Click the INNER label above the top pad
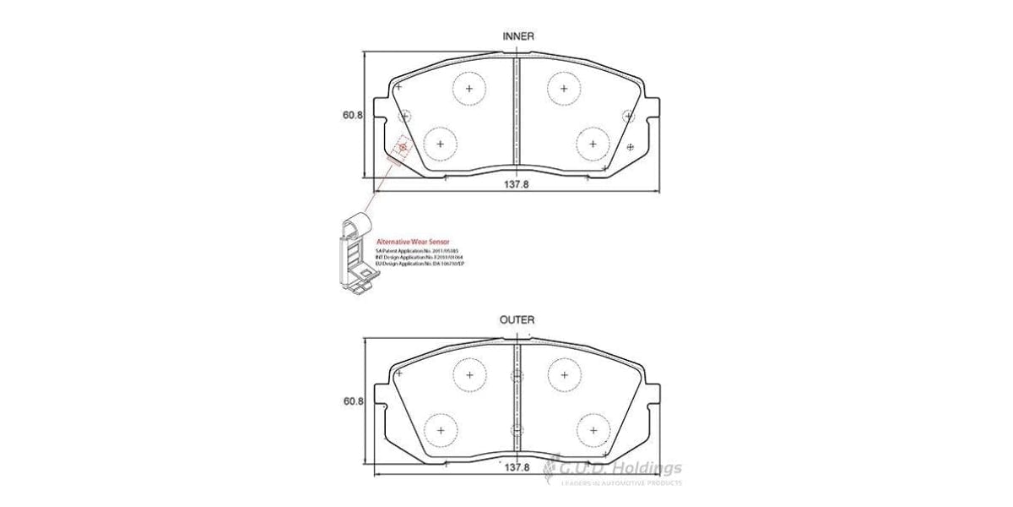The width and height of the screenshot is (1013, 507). [517, 36]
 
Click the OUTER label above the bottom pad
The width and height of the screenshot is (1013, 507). [517, 320]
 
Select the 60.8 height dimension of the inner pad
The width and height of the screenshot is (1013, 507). [353, 116]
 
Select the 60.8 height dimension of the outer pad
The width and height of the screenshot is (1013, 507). [353, 402]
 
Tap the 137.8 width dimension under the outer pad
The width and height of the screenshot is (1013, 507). [515, 467]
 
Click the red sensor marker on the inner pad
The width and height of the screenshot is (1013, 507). [403, 148]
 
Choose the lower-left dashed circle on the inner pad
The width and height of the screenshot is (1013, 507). [439, 143]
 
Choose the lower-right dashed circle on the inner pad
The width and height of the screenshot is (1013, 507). [593, 143]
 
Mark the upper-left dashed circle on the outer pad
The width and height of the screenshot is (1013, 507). [469, 374]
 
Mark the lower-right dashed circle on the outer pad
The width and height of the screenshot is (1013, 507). [593, 429]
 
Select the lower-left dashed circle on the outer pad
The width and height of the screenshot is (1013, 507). [439, 429]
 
